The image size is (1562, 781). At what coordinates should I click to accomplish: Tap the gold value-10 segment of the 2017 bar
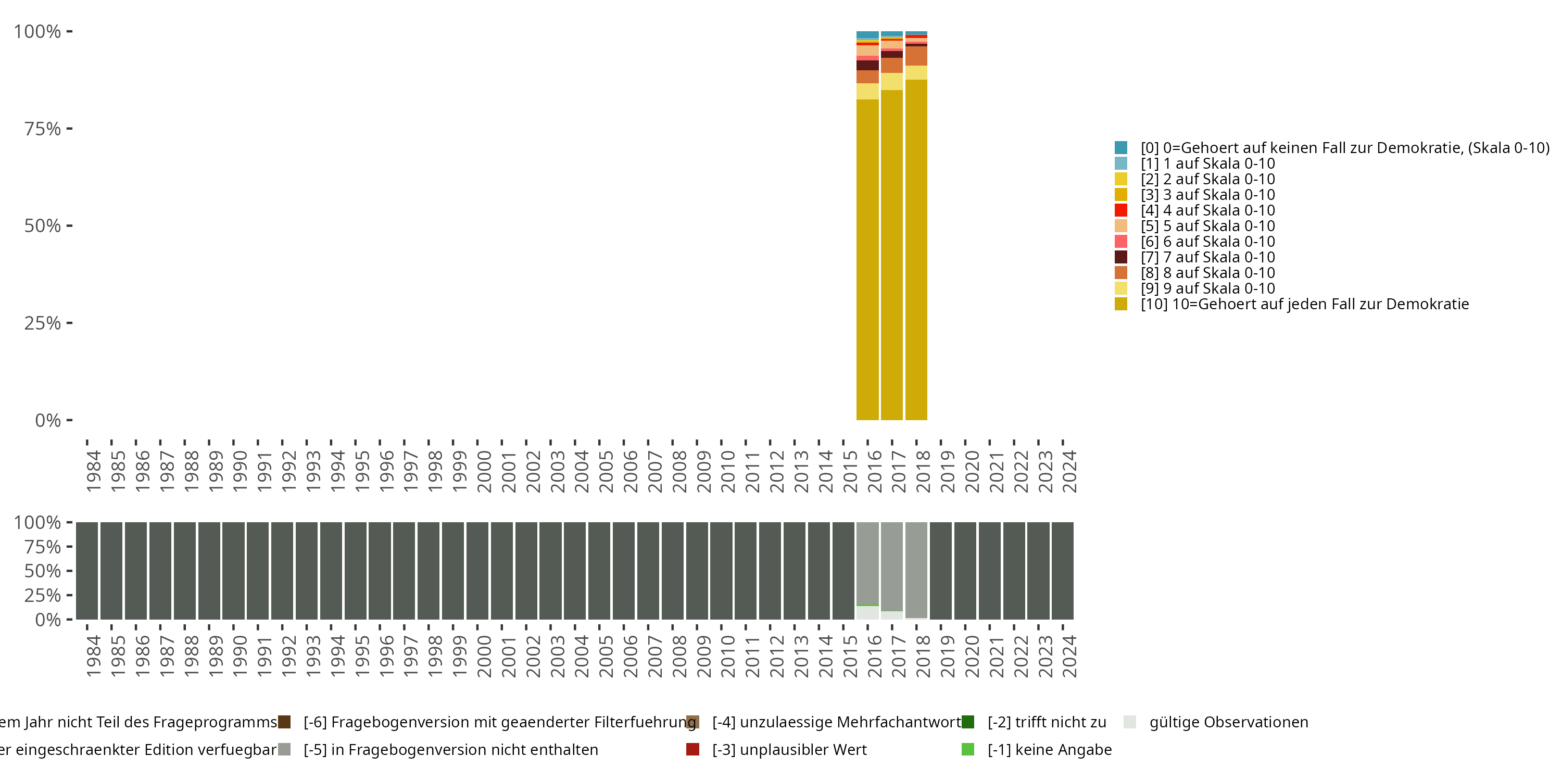click(x=891, y=255)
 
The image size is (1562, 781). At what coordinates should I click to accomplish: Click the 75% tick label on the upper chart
click(x=43, y=129)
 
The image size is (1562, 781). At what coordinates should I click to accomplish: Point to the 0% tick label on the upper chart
click(x=48, y=420)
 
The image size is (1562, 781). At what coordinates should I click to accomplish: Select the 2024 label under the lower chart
click(x=1069, y=656)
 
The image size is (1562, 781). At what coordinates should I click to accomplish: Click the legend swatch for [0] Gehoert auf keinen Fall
click(x=1120, y=147)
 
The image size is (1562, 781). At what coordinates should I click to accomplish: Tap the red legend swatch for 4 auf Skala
click(x=1120, y=210)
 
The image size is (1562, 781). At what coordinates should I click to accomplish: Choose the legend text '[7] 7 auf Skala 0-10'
click(x=1207, y=257)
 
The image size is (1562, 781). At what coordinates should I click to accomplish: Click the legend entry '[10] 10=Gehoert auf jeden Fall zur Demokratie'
click(x=1304, y=304)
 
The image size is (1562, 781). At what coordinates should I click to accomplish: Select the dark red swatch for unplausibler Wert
click(x=692, y=749)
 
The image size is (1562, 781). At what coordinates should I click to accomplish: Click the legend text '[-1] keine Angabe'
click(x=1049, y=749)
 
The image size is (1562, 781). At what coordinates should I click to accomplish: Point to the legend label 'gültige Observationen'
click(x=1228, y=722)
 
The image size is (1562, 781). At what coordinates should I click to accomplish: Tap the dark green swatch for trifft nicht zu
click(x=968, y=722)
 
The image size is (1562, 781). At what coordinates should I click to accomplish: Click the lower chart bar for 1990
click(x=233, y=571)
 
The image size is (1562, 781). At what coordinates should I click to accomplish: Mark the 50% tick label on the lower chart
click(x=43, y=571)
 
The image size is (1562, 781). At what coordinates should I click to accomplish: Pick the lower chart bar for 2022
click(x=1014, y=571)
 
